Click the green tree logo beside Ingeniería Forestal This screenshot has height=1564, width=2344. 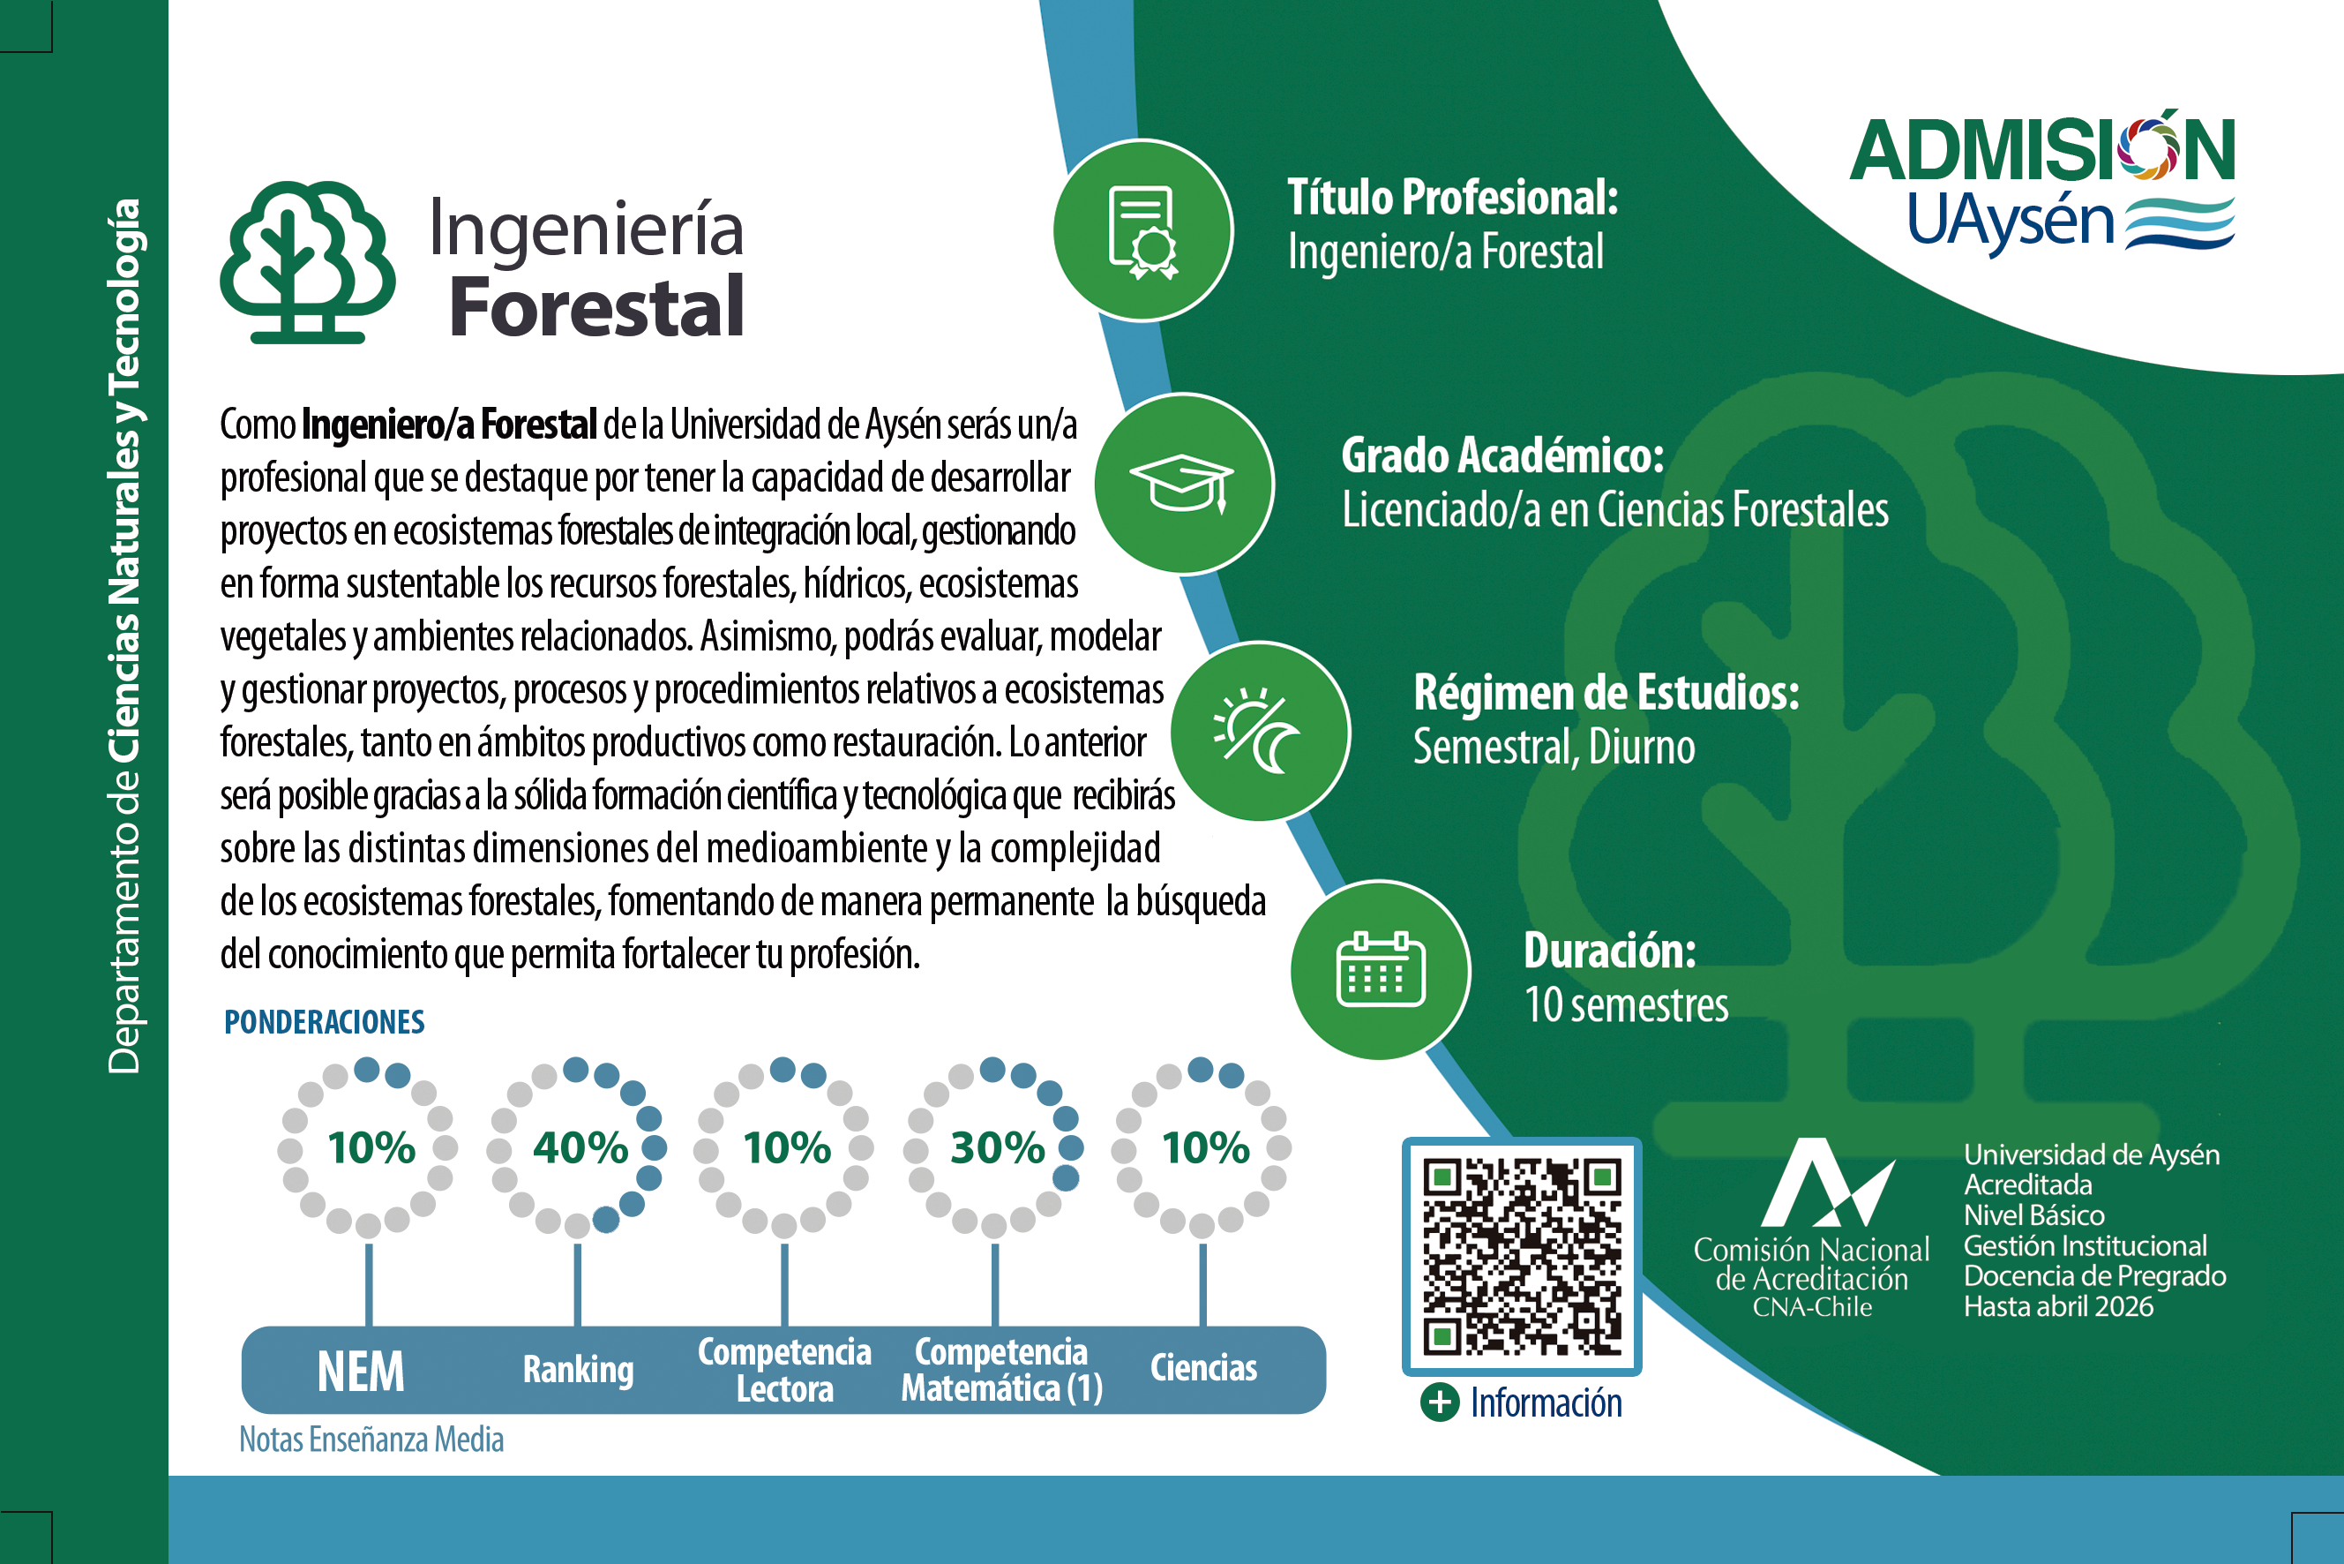pyautogui.click(x=307, y=262)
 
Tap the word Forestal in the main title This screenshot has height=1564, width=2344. pyautogui.click(x=596, y=306)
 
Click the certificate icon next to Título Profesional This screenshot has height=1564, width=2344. pyautogui.click(x=1142, y=231)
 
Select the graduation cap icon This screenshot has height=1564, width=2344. pyautogui.click(x=1181, y=484)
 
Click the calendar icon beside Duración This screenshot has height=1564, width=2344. pyautogui.click(x=1380, y=968)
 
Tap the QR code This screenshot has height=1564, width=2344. pyautogui.click(x=1522, y=1256)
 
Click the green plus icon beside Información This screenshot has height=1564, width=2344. pyautogui.click(x=1439, y=1402)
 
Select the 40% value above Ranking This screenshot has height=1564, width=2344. pyautogui.click(x=580, y=1147)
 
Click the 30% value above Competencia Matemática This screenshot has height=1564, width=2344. pyautogui.click(x=997, y=1147)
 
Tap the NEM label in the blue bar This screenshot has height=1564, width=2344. pyautogui.click(x=361, y=1372)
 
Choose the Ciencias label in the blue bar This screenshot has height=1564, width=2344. pyautogui.click(x=1203, y=1367)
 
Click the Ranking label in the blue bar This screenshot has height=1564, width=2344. pyautogui.click(x=578, y=1370)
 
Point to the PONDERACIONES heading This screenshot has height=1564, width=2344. pyautogui.click(x=324, y=1021)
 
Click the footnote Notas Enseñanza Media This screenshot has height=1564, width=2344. pyautogui.click(x=371, y=1440)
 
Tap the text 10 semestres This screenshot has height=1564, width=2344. pyautogui.click(x=1626, y=1004)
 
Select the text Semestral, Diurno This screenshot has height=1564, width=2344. pyautogui.click(x=1554, y=746)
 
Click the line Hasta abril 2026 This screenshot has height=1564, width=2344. pyautogui.click(x=2058, y=1306)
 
